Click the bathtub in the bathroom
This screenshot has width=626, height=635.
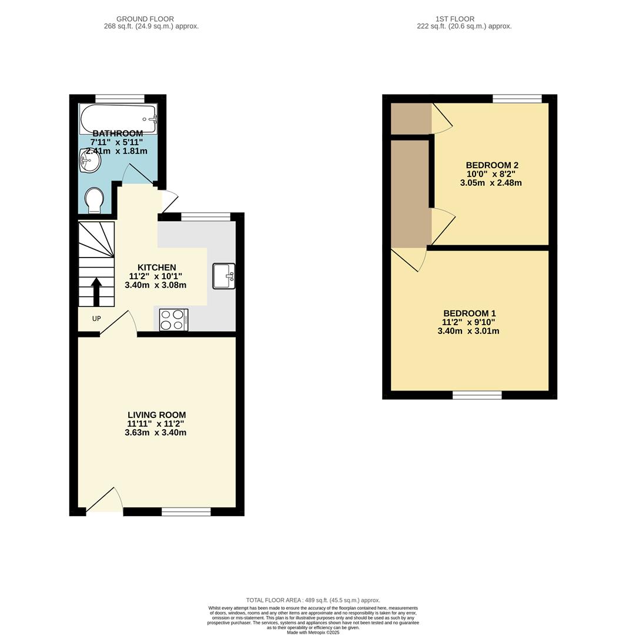click(x=118, y=119)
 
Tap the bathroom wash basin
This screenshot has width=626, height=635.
click(x=90, y=161)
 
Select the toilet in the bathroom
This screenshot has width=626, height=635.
click(x=95, y=200)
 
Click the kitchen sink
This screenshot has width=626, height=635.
click(x=224, y=276)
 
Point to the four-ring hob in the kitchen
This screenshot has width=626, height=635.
click(x=174, y=320)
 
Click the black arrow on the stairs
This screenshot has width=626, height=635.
click(x=96, y=292)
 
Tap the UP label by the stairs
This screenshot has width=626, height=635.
click(x=96, y=319)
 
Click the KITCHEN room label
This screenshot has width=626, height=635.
click(x=157, y=268)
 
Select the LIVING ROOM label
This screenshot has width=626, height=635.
click(x=157, y=415)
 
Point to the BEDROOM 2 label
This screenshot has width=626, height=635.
click(x=492, y=165)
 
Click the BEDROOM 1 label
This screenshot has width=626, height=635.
click(x=469, y=313)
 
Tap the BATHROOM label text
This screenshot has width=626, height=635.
click(x=118, y=133)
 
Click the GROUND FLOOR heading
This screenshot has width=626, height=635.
click(x=145, y=19)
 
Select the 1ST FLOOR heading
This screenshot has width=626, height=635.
click(x=455, y=19)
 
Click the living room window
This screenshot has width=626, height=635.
click(x=186, y=512)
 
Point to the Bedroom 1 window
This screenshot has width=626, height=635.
click(x=477, y=395)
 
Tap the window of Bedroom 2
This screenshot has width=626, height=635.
click(x=517, y=98)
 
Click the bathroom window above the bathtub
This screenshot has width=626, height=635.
click(x=120, y=98)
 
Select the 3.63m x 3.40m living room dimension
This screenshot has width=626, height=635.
click(x=156, y=433)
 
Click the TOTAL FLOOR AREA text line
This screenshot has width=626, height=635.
click(x=313, y=600)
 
